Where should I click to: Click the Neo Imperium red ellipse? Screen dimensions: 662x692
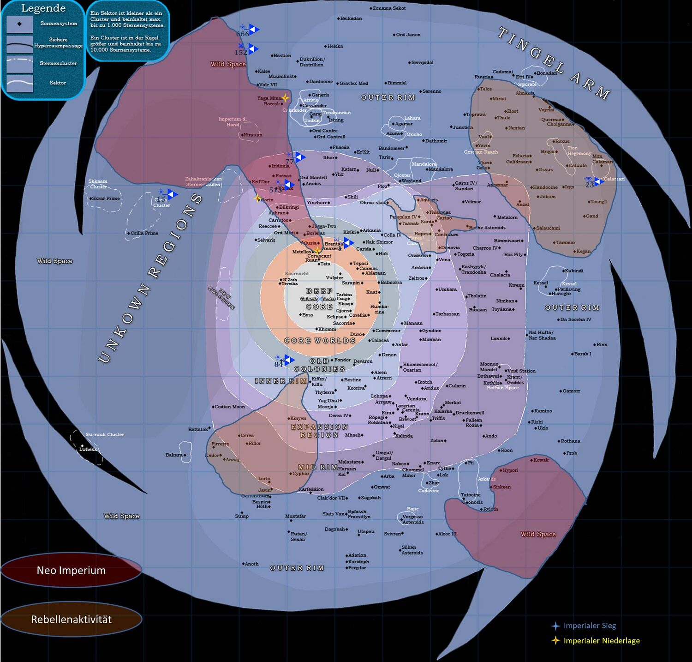click(x=71, y=571)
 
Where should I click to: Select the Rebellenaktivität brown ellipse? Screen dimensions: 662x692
click(x=71, y=620)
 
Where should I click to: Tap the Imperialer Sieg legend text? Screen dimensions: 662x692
click(x=590, y=626)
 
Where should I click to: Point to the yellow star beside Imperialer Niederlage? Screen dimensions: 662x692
click(x=556, y=641)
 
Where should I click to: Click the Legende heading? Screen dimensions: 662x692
click(x=43, y=8)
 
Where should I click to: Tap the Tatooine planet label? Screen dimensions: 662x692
click(x=471, y=495)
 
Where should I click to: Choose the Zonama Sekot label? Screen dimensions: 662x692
click(x=389, y=8)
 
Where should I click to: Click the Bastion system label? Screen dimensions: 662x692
click(x=282, y=56)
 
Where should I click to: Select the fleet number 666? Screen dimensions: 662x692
click(x=242, y=34)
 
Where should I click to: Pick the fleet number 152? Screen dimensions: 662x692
click(x=241, y=53)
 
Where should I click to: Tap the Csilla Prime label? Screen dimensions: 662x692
click(x=144, y=233)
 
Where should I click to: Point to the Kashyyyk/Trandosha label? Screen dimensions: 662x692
click(x=473, y=270)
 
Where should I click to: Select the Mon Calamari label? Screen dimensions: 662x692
click(x=603, y=159)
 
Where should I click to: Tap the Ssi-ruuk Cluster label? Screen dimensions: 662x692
click(x=105, y=434)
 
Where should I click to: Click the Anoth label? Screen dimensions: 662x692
click(x=251, y=564)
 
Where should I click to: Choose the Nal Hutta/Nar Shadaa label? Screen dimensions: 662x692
click(x=542, y=335)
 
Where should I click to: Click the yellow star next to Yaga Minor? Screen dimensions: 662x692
click(x=285, y=98)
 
